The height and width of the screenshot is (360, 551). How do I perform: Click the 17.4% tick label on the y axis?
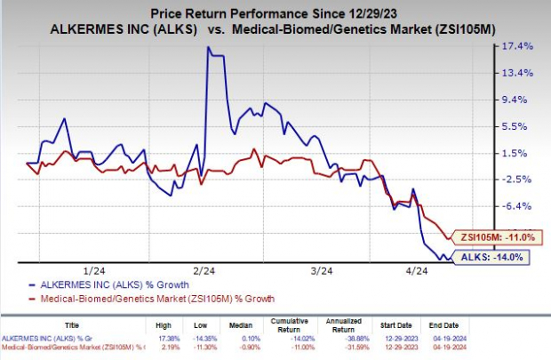[x=518, y=46]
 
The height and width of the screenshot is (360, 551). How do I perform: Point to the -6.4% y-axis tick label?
[x=518, y=206]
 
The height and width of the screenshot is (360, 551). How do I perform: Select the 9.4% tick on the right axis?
[x=518, y=100]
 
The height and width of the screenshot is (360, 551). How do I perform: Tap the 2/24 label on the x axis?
[x=200, y=270]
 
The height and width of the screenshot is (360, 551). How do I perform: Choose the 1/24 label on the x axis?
[x=91, y=270]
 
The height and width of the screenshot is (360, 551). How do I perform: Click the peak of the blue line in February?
[x=208, y=48]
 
